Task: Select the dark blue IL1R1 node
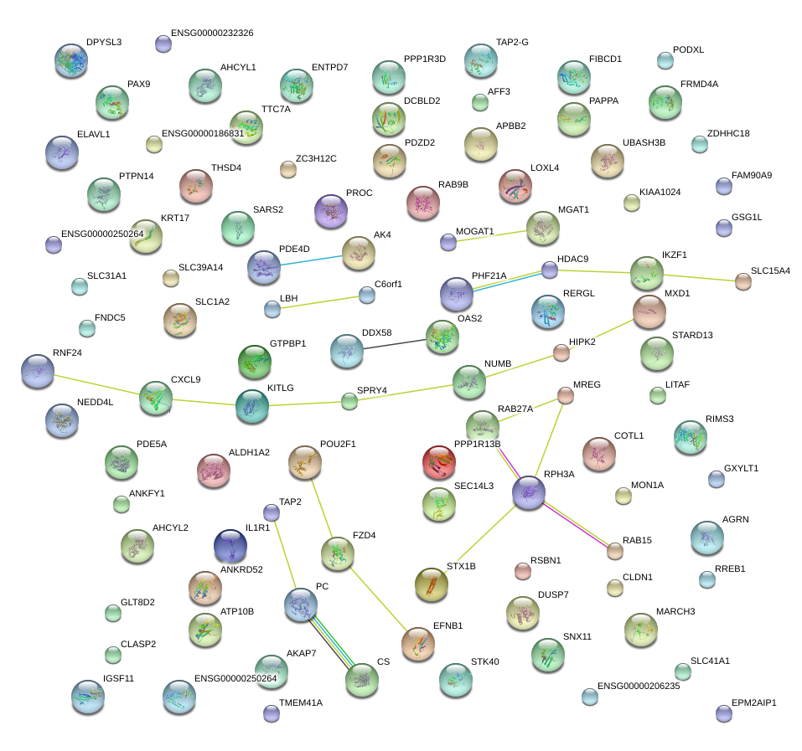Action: [230, 546]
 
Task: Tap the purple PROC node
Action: [330, 211]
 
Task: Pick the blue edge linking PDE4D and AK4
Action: [312, 260]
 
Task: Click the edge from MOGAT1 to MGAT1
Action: [494, 234]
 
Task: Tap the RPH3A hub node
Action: [529, 493]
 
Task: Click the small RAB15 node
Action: [615, 550]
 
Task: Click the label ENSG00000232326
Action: [212, 33]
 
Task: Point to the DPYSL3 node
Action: [71, 60]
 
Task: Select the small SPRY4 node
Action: [349, 401]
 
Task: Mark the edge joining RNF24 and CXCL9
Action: [96, 383]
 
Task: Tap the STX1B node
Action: [431, 584]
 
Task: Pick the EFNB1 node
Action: [417, 643]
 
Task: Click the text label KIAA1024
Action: [660, 192]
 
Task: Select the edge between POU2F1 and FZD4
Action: [321, 506]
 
